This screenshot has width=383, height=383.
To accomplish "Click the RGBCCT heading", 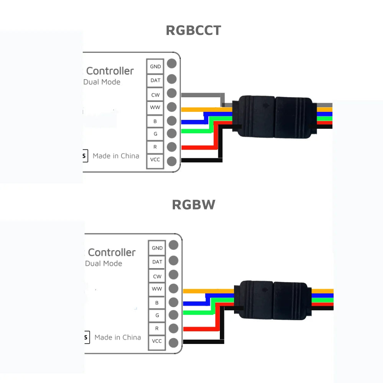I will click(193, 30).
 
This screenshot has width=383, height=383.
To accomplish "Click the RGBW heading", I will click(193, 205).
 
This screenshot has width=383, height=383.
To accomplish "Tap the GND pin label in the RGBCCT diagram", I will click(155, 66).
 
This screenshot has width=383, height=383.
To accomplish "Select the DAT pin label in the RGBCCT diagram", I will click(155, 80).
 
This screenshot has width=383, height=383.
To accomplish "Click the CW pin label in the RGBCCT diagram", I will click(155, 95).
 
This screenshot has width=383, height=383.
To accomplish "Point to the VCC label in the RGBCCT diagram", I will click(155, 159).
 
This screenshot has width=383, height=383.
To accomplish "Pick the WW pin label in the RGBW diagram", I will click(157, 289).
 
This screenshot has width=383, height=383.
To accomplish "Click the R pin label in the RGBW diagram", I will click(157, 328).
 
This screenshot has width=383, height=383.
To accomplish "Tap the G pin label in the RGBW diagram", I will click(157, 315).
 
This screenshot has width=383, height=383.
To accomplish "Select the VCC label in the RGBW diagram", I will click(157, 341).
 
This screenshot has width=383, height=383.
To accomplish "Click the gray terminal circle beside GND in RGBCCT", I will click(172, 64).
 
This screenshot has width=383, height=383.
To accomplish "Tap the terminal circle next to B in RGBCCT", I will click(172, 121).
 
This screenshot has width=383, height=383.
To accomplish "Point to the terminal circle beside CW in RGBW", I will click(173, 275).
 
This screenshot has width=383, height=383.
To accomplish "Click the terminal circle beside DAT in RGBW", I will click(173, 260).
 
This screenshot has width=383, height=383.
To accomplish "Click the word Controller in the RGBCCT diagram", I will click(110, 71).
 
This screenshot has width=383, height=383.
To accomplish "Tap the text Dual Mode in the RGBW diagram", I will click(103, 264).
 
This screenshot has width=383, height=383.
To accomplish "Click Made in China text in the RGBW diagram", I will click(118, 337).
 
